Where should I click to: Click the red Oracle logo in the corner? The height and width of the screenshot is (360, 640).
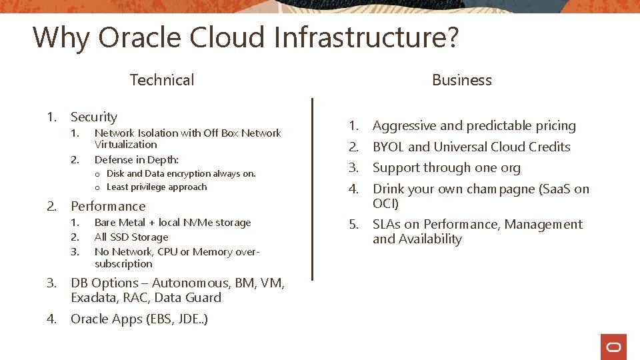[613, 347]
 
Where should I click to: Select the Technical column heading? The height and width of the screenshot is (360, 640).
[162, 80]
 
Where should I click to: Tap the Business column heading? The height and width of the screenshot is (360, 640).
[461, 80]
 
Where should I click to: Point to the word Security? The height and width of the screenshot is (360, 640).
[94, 117]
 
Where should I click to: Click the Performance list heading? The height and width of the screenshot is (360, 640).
[108, 207]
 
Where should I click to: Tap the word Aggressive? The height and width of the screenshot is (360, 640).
[404, 126]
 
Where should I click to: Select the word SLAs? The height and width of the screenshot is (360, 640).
[387, 225]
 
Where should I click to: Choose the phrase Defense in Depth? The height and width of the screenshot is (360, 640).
[137, 160]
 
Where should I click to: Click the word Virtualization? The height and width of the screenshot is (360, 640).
[126, 145]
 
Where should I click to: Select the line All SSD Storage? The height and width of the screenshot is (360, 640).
[131, 237]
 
